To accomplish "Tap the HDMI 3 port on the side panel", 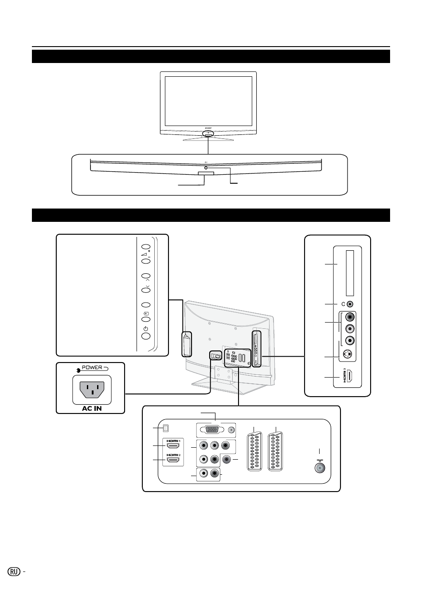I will [350, 377].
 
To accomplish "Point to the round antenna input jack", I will [318, 468].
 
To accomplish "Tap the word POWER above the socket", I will [91, 368].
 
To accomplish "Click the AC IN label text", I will [92, 408].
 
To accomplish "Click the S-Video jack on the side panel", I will [350, 356].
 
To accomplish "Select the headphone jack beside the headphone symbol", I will [350, 304].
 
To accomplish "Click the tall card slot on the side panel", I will [350, 273].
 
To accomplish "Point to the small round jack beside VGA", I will [231, 429].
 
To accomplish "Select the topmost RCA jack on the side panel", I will [350, 317].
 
